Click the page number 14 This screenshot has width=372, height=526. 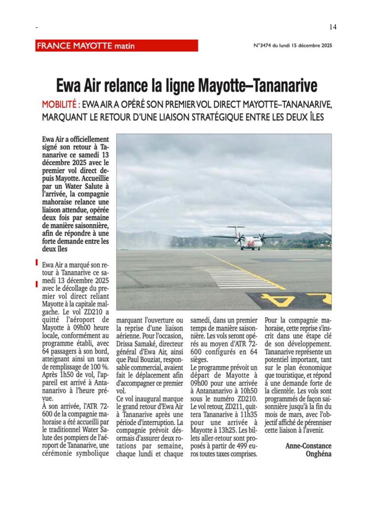[333, 27]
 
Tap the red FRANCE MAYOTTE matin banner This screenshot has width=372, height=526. [116, 46]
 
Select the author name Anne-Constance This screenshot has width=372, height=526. [308, 446]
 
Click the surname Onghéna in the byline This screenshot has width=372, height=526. [318, 454]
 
